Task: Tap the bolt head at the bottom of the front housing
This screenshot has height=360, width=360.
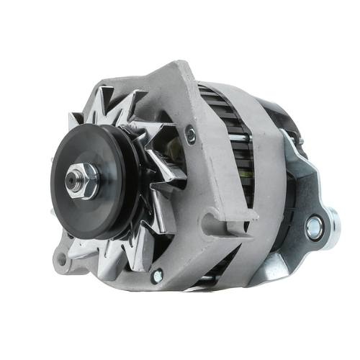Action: pos(157,274)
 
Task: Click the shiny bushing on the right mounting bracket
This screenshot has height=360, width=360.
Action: pos(314,228)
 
